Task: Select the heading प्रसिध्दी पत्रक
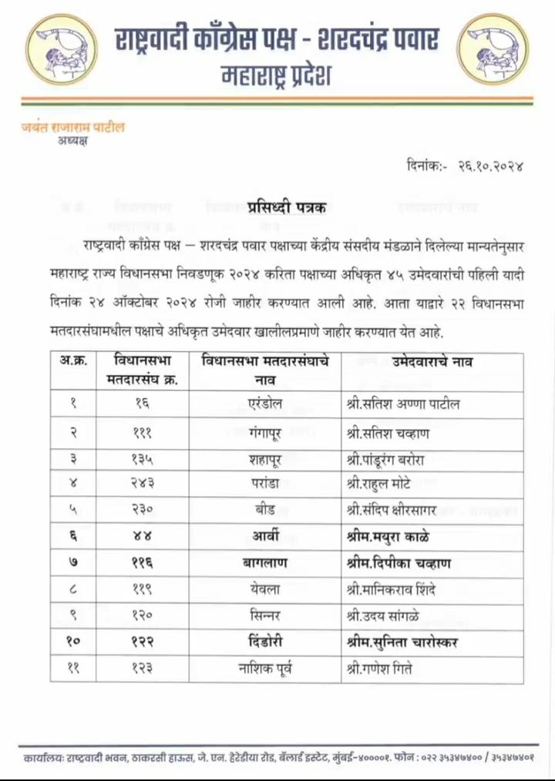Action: pos(287,206)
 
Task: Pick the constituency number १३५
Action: pos(141,460)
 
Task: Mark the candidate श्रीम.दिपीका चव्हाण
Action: pos(399,564)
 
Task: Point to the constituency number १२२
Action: pos(141,642)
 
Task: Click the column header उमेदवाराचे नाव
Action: pos(432,361)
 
